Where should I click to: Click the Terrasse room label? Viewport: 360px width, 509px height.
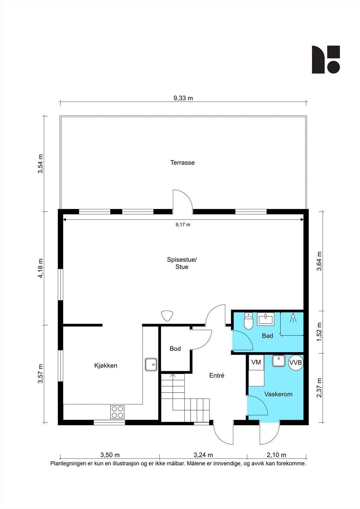tap(182, 163)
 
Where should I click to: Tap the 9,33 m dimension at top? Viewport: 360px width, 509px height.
tap(183, 98)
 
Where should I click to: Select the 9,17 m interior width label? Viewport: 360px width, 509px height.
tap(183, 225)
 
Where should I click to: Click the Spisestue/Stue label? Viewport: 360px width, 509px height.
tap(182, 263)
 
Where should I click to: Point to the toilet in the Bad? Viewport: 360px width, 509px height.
tap(248, 321)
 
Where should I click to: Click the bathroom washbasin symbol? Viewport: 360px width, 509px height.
tap(265, 319)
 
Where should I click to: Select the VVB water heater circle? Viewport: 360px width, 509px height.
tap(296, 363)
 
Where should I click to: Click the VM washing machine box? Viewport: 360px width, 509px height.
tap(256, 362)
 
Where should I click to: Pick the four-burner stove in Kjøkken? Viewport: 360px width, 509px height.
tap(117, 412)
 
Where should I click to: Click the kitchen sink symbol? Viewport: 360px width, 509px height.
tap(151, 364)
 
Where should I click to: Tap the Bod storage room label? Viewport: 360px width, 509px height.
tap(175, 349)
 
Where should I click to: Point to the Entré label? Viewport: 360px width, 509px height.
tap(217, 375)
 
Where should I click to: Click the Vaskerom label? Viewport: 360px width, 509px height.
tap(278, 394)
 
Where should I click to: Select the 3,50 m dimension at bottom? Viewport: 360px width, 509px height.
tap(110, 455)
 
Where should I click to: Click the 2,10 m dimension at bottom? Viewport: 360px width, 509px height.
tap(276, 455)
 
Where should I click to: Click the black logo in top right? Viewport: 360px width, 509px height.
tap(326, 59)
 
